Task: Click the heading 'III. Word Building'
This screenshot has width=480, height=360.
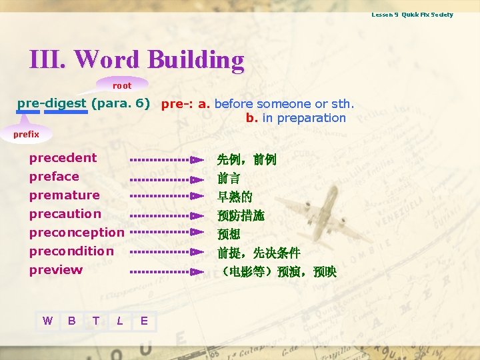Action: [x=137, y=60]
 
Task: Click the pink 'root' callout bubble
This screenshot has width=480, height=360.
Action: [x=122, y=85]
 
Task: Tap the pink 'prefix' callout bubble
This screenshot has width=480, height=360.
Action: [x=27, y=134]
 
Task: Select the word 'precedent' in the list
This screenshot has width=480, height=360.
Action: [x=63, y=158]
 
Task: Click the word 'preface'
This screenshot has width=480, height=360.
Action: [x=54, y=177]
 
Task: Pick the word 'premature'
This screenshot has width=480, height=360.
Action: [x=64, y=195]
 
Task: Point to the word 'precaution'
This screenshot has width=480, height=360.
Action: [x=65, y=214]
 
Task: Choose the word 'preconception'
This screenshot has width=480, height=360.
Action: [x=77, y=233]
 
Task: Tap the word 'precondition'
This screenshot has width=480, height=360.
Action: [x=71, y=251]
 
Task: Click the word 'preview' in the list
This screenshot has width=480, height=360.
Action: [x=56, y=270]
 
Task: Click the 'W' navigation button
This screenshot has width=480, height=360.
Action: [x=47, y=321]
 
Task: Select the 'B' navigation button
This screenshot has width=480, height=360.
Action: [x=71, y=321]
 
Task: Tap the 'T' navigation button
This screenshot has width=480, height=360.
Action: [x=95, y=321]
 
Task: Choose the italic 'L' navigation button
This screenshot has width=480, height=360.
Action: [x=119, y=321]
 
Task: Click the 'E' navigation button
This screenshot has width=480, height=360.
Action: [x=144, y=321]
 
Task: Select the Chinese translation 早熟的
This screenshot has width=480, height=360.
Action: [x=235, y=197]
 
